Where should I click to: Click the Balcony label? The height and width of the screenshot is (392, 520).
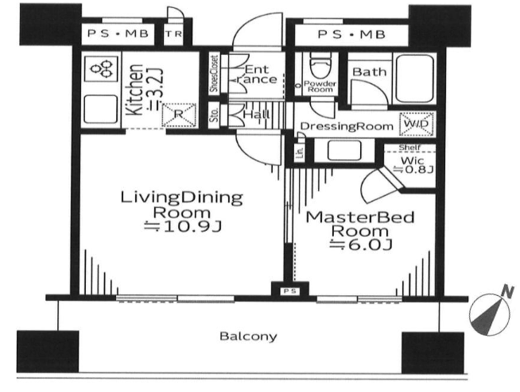[x=248, y=336]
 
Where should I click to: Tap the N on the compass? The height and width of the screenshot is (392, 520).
[x=507, y=293]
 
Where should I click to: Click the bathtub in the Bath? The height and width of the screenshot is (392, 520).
[x=415, y=79]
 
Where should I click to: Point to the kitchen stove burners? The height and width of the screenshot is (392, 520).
[x=101, y=68]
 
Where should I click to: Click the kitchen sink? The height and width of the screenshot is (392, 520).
[x=101, y=109]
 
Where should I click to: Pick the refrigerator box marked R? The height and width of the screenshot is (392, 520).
[x=179, y=115]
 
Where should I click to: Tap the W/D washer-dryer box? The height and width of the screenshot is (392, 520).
[x=417, y=124]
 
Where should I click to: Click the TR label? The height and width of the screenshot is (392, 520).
[x=174, y=34]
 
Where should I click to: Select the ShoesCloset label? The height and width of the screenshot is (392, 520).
[x=215, y=74]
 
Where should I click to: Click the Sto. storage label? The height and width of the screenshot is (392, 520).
[x=215, y=114]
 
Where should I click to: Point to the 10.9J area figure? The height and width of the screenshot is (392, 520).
[x=183, y=226]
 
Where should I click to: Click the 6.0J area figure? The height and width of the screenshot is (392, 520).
[x=362, y=244]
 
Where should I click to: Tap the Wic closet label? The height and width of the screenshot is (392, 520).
[x=413, y=161]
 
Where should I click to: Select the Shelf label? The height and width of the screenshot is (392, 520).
[x=409, y=148]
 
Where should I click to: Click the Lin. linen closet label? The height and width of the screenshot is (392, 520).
[x=300, y=152]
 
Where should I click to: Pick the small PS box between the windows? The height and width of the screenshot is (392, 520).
[x=290, y=291]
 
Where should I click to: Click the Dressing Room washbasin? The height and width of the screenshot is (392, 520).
[x=344, y=151]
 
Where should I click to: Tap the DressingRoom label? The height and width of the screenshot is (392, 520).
[x=347, y=126]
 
